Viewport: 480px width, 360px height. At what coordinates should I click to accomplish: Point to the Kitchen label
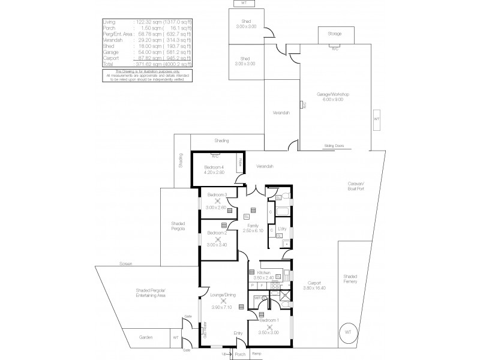265,272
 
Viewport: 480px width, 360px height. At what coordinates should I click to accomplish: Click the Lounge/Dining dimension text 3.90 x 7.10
221,307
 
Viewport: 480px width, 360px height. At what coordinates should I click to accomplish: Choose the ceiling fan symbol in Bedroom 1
269,326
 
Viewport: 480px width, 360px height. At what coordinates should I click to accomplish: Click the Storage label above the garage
335,34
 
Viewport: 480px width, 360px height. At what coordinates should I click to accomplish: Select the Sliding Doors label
334,145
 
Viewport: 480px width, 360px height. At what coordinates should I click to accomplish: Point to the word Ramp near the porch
256,354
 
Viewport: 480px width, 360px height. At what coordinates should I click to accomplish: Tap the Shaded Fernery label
350,278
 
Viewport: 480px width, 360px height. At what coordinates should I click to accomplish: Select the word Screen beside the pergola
125,263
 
